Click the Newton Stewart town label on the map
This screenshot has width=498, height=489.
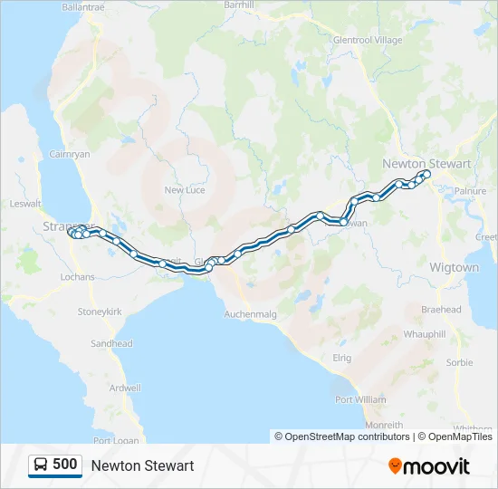point(426,164)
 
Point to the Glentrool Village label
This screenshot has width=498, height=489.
point(368,41)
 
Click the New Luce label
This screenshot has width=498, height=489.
point(185,190)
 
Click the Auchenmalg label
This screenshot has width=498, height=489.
point(250,314)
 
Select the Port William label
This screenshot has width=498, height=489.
point(360,399)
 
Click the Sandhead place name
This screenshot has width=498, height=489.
point(112,344)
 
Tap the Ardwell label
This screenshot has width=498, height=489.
point(124,388)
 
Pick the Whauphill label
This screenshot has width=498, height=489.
point(425,334)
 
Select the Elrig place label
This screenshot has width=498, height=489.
point(341,359)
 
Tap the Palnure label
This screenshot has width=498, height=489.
point(471,192)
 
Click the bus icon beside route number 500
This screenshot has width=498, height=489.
point(41,465)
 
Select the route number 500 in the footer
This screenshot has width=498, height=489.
point(64,465)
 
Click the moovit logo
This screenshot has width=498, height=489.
point(429,466)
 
